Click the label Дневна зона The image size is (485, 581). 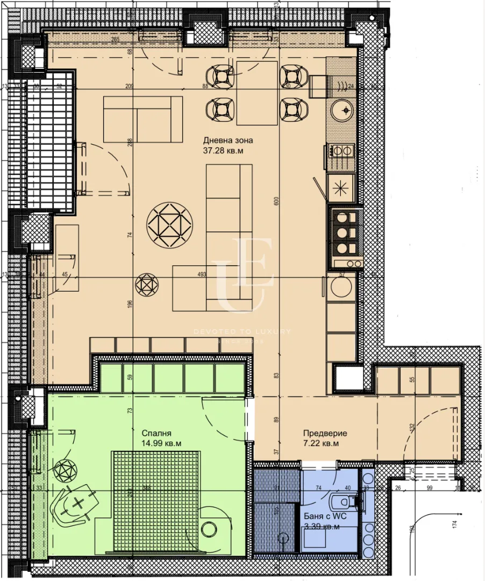coord(227,140)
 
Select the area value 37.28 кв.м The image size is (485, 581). coord(223,151)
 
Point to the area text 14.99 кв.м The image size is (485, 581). coord(161,444)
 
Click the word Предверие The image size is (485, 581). coord(325,433)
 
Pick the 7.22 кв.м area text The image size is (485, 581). coord(321,444)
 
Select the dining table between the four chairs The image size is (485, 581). coord(257,93)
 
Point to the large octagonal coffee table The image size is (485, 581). coord(169,225)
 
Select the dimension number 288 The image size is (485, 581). coord(130,143)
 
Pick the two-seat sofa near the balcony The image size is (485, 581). coord(143,119)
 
